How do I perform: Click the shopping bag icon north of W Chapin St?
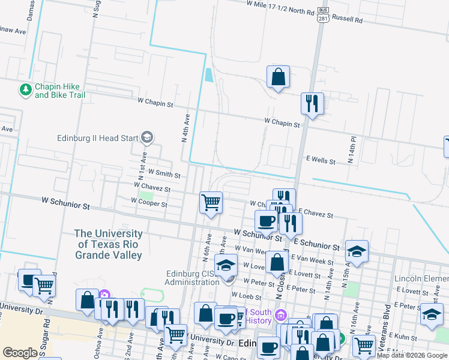click(x=278, y=77)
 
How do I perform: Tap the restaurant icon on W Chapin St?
click(x=312, y=104)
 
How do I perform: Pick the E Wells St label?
click(x=321, y=161)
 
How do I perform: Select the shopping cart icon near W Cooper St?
click(x=211, y=203)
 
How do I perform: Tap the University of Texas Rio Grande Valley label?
click(x=109, y=244)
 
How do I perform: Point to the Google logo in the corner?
click(x=20, y=353)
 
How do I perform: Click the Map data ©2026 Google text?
click(x=412, y=356)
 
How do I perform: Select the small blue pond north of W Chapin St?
click(x=208, y=75)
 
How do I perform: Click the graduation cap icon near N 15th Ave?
click(x=357, y=252)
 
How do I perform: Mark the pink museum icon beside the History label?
click(x=280, y=314)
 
